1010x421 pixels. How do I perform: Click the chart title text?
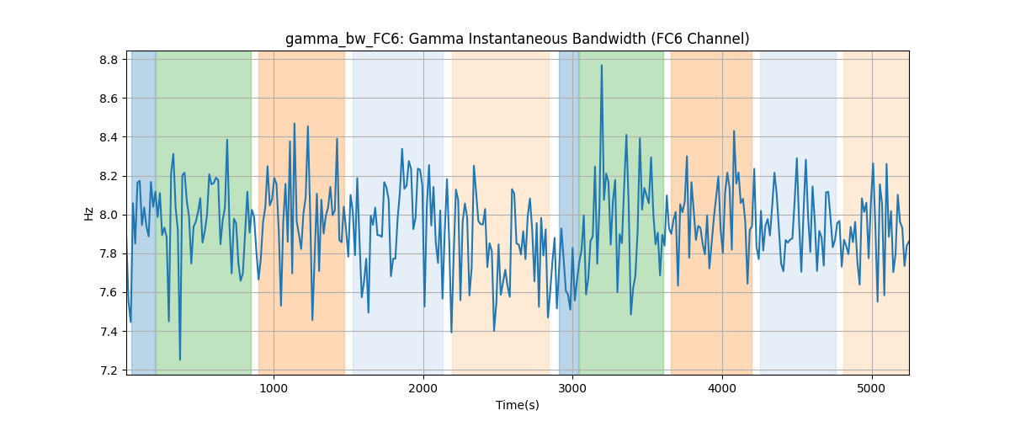[517, 39]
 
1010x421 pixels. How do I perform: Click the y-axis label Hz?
[89, 213]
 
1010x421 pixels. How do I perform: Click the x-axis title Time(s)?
[517, 405]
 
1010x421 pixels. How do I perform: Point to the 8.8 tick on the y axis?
[109, 60]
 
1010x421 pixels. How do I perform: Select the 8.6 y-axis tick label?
[109, 99]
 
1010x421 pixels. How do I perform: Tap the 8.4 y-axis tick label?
[109, 137]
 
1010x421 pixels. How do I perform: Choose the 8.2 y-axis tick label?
[109, 176]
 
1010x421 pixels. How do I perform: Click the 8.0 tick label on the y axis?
[109, 215]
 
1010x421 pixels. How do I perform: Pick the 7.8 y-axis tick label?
[109, 253]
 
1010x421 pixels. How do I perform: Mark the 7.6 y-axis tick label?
[109, 292]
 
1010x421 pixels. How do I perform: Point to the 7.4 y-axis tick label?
[109, 332]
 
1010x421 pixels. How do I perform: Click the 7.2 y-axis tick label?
[109, 370]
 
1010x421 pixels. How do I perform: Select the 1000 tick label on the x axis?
[274, 388]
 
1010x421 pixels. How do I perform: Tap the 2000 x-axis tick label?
[423, 388]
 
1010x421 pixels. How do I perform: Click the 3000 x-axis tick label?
[572, 388]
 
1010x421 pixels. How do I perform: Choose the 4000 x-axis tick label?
[722, 388]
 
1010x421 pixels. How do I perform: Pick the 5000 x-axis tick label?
[872, 388]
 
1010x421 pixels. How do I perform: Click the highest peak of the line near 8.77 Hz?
[602, 66]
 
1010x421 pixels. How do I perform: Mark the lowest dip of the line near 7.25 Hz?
[180, 360]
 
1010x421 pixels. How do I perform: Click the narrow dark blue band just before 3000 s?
[569, 212]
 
